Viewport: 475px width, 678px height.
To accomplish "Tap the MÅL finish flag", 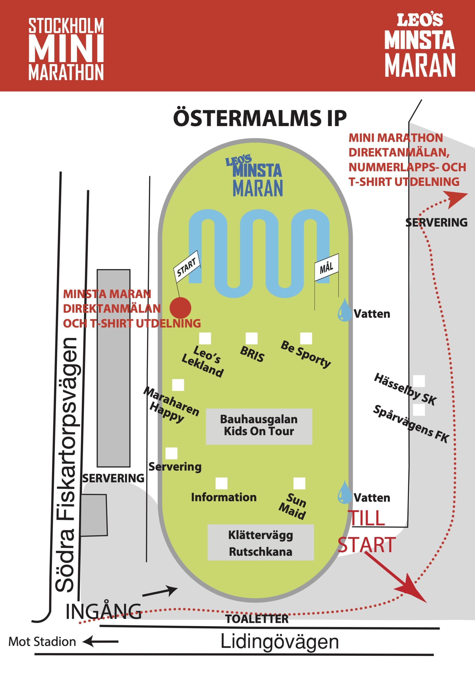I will coord(326,267).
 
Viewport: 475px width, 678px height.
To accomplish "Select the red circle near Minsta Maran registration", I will coord(180,308).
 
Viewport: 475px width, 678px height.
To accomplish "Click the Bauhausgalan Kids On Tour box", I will coord(259,426).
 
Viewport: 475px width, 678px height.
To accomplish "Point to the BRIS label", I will coord(252,354).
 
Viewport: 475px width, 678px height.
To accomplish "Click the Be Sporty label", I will coord(306,354).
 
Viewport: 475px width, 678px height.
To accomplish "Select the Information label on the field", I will coord(224,497).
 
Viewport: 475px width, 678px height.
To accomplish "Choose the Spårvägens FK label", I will coord(411,423).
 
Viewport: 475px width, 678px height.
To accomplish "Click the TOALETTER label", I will coord(257,619).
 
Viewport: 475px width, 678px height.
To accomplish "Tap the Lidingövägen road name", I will coord(280,642).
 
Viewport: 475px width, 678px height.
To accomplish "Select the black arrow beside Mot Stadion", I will coord(100,641).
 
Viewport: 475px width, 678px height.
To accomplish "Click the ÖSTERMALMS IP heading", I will coord(260,118).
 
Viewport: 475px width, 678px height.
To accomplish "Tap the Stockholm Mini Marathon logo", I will coord(66,49).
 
